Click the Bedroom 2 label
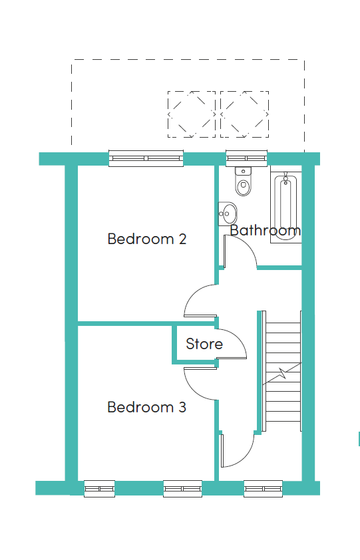point(147,239)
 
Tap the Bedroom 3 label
point(147,407)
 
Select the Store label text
point(204,344)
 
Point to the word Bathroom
point(266,230)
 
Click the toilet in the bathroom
point(244,181)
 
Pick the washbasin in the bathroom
point(228,213)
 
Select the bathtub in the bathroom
point(285,205)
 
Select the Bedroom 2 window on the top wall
point(146,158)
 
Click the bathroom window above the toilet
point(247,158)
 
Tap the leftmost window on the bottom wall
point(99,489)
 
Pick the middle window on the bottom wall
point(183,489)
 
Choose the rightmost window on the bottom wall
point(263,489)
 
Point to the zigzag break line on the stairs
point(282,374)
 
